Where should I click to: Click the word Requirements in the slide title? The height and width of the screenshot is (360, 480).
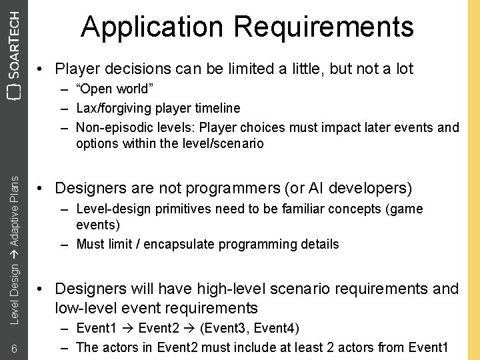tap(323, 27)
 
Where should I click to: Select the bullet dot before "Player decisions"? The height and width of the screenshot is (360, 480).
tap(41, 69)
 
